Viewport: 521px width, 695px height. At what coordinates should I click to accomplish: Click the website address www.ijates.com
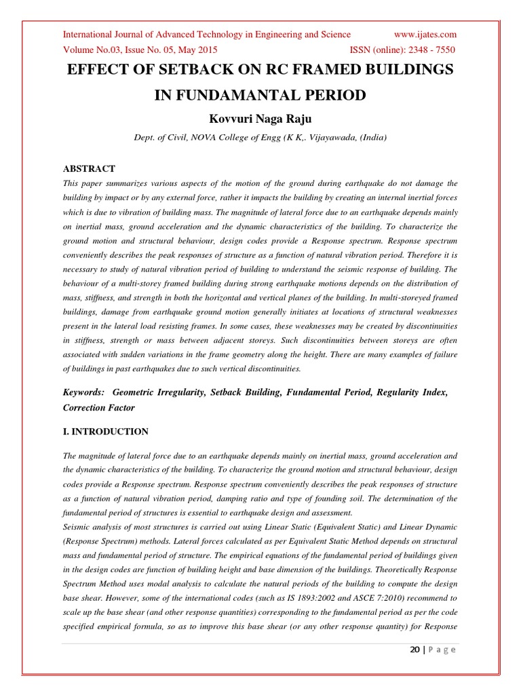[425, 35]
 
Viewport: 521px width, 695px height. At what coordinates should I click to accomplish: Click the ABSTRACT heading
[89, 168]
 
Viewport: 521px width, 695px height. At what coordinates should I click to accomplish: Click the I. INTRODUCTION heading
[105, 431]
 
